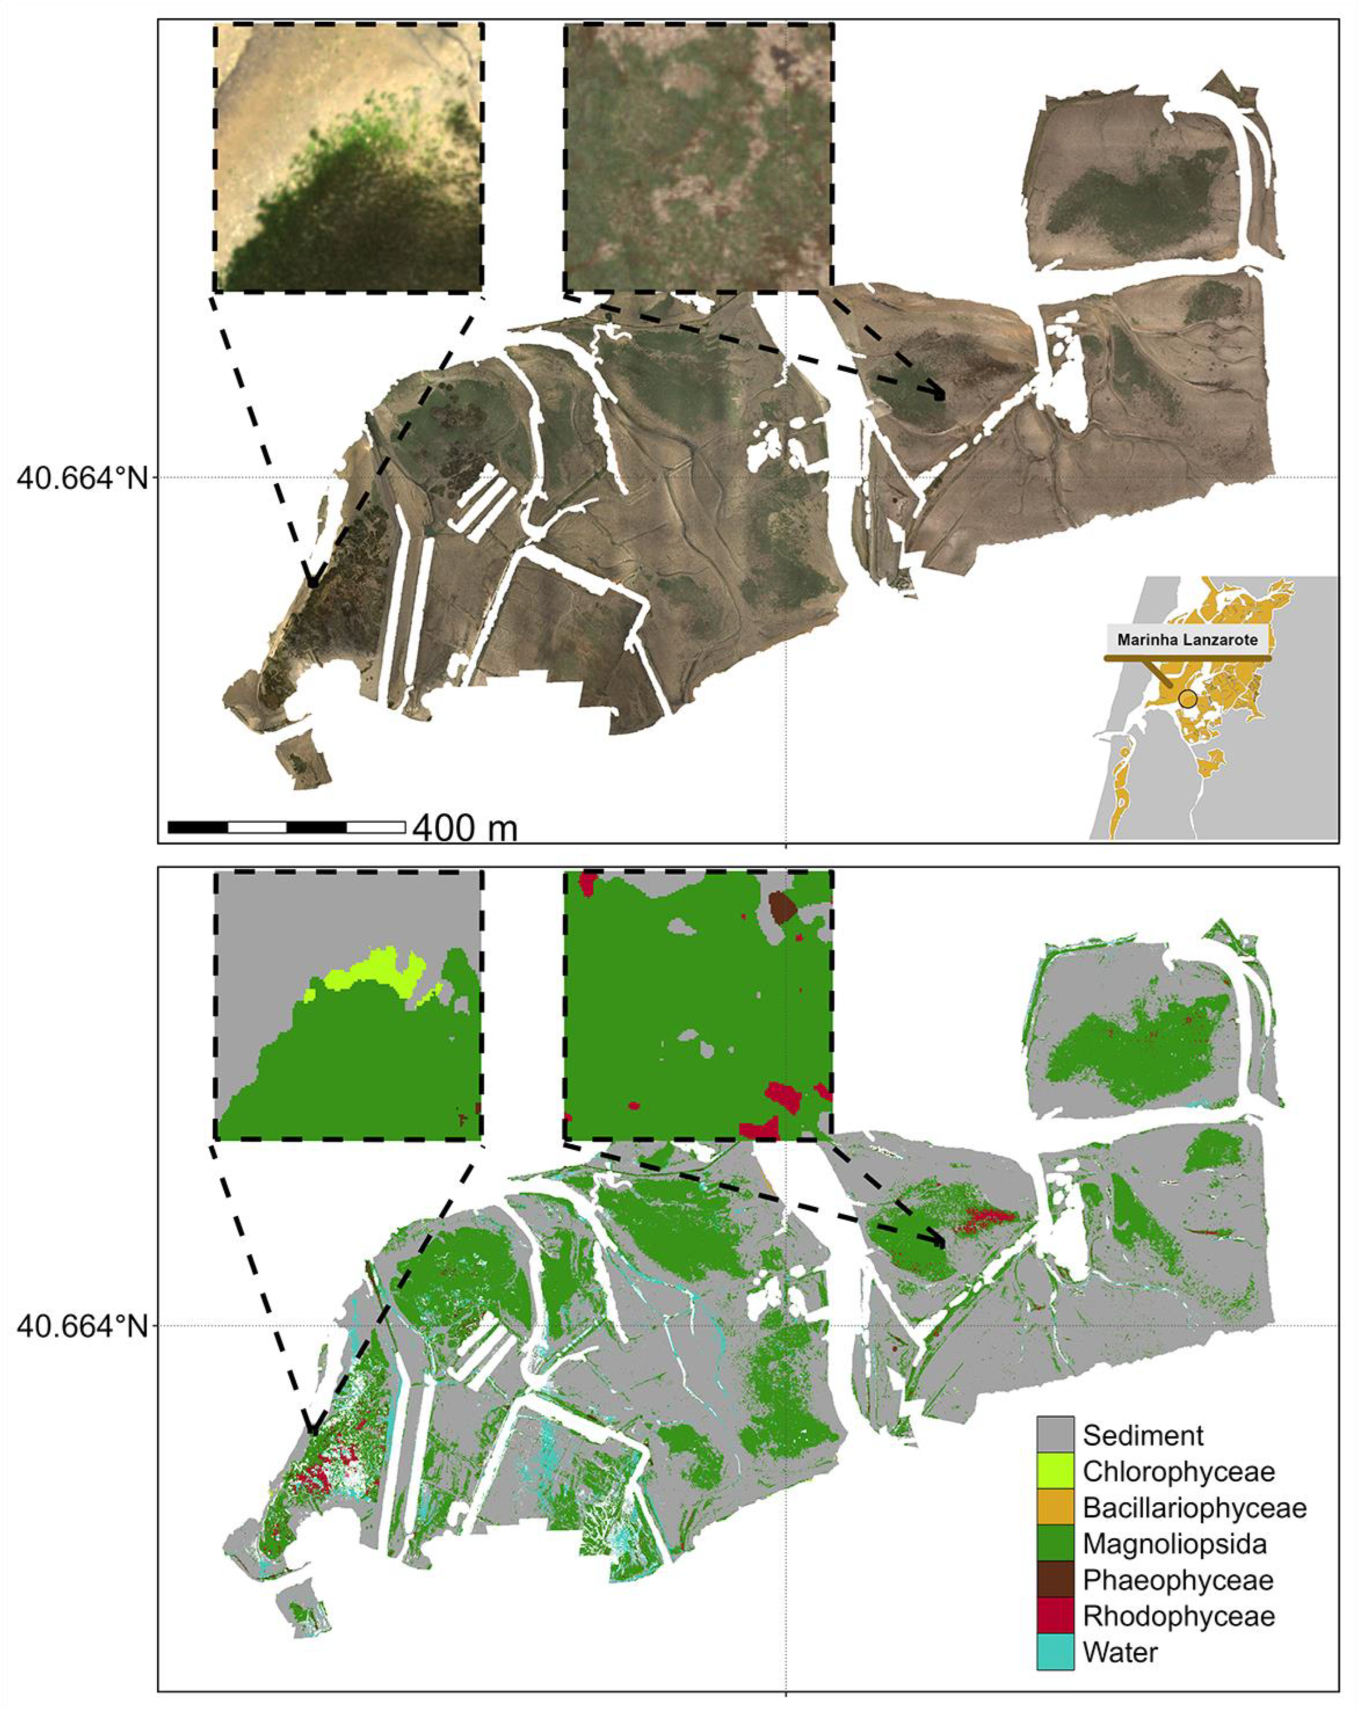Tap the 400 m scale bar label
(x=465, y=828)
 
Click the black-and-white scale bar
(x=286, y=827)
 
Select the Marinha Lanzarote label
(x=1187, y=639)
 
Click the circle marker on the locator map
(x=1187, y=698)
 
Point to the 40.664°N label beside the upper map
(x=82, y=478)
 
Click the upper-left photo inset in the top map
(x=348, y=157)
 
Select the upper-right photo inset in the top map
(x=698, y=157)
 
